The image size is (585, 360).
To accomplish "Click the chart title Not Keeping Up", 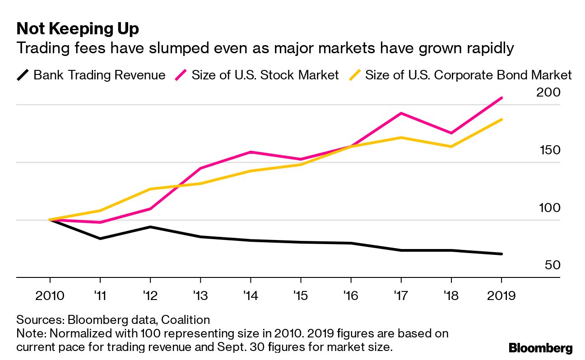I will [x=77, y=29].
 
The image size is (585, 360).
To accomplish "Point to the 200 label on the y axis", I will [x=548, y=92].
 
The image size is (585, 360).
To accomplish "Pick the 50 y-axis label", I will [x=552, y=265].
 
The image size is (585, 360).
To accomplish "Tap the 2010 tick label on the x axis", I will [x=49, y=296].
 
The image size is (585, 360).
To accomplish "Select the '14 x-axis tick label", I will [x=250, y=296].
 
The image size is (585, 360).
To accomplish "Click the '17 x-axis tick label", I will [x=400, y=296].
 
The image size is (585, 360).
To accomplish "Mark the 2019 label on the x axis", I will [x=501, y=296].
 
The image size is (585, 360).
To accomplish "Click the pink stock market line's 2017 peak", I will [x=400, y=113].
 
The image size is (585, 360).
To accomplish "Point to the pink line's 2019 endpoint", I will [x=501, y=98].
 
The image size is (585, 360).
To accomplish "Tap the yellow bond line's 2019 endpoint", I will [x=501, y=120].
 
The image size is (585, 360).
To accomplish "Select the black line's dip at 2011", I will [x=100, y=238].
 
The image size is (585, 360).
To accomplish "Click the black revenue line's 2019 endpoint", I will [x=501, y=254].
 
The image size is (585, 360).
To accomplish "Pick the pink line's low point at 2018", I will [x=451, y=133].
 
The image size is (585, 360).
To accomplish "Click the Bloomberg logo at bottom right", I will [x=540, y=348].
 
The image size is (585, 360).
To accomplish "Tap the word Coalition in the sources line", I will [x=186, y=320].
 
